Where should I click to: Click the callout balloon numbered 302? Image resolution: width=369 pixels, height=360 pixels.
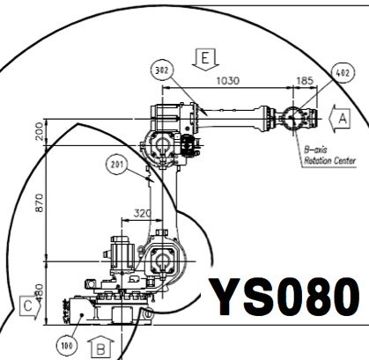point(162,70)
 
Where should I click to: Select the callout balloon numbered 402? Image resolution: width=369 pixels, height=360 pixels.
point(343,72)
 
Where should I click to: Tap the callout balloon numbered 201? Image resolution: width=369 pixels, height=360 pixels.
point(117,165)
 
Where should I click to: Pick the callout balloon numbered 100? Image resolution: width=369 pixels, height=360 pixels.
point(67,346)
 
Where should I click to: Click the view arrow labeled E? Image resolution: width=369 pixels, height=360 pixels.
point(205,59)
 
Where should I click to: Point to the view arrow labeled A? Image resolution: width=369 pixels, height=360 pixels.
point(340,119)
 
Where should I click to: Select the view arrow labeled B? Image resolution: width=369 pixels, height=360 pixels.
point(101,348)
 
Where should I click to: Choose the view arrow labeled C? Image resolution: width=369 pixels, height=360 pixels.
point(30,307)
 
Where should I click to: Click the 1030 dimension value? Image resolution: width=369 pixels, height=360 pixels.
point(228,80)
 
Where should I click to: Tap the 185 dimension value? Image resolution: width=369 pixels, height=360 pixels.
point(305,80)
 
